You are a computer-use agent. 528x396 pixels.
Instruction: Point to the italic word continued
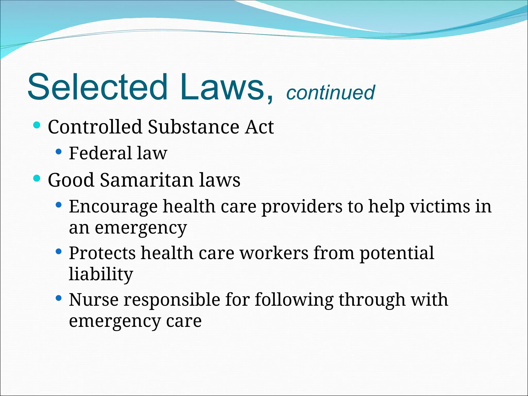[331, 93]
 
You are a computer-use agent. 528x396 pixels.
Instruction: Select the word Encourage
[113, 207]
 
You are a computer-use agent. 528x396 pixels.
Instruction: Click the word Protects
[102, 253]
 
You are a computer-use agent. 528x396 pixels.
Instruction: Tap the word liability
[101, 274]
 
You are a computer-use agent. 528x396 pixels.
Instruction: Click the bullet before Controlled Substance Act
[37, 126]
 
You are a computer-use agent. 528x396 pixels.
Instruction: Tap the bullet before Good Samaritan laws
[37, 178]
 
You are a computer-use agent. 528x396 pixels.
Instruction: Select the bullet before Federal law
[59, 152]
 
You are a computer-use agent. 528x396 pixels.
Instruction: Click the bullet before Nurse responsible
[59, 298]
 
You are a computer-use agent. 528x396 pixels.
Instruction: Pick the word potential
[397, 253]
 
